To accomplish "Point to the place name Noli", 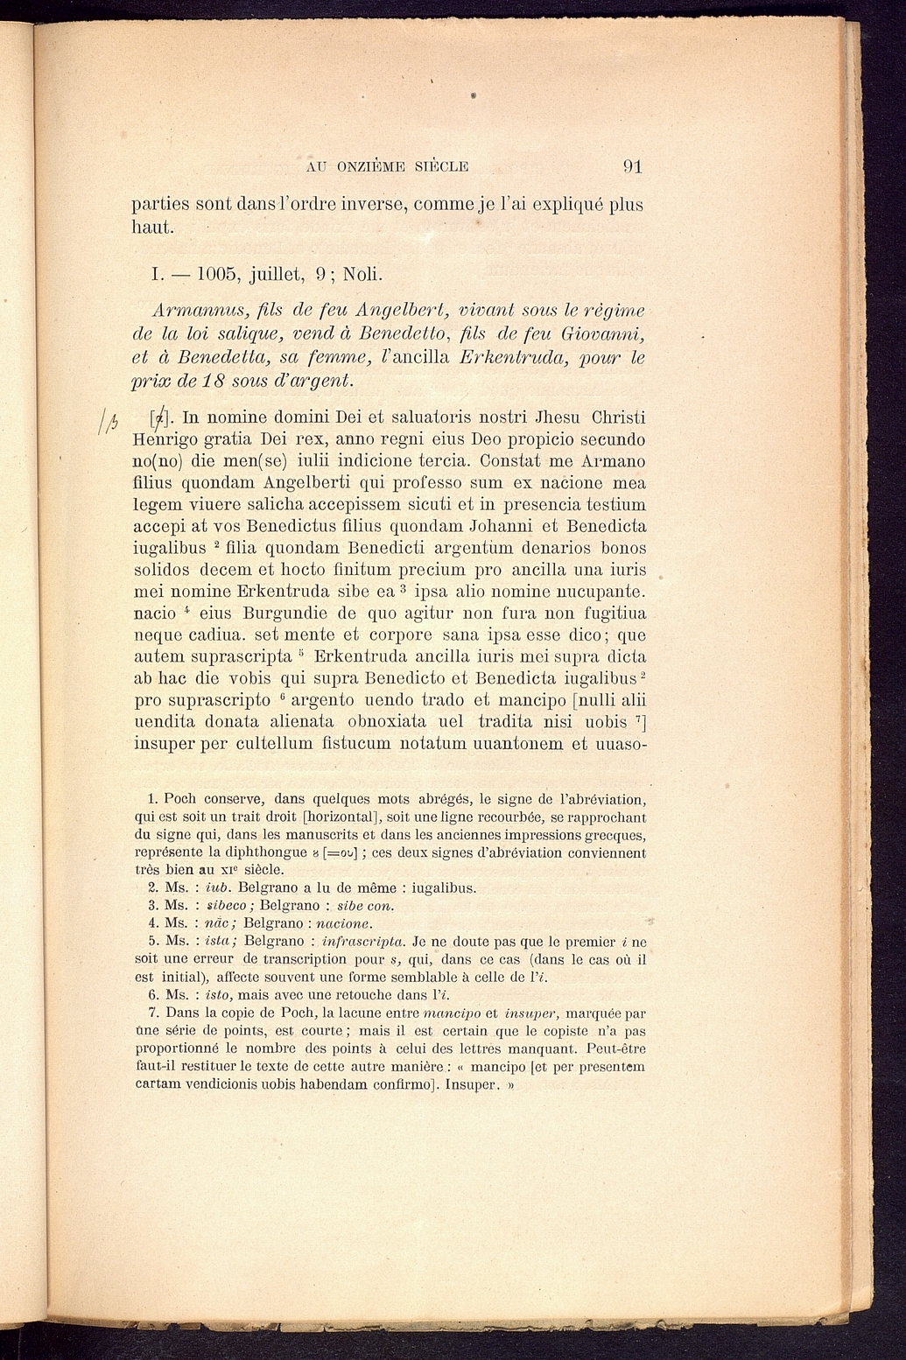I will click(362, 274).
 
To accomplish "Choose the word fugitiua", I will click(607, 613).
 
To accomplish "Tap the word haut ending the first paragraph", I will click(151, 228).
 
